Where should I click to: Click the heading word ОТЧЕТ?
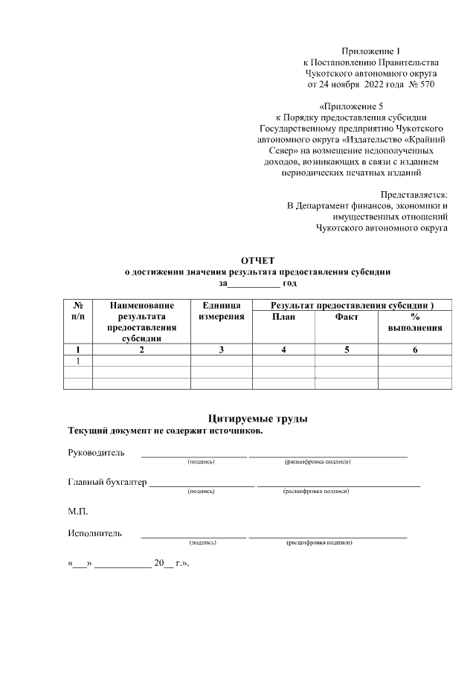[x=257, y=260]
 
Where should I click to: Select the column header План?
[x=284, y=317]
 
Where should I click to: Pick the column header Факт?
[x=347, y=317]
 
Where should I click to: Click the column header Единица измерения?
[x=222, y=311]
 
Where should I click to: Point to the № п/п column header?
[x=78, y=311]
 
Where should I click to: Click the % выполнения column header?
[x=415, y=322]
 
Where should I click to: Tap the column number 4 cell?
[x=284, y=350]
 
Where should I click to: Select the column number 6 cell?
[x=415, y=350]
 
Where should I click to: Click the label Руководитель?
[x=96, y=452]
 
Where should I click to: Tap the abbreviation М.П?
[x=77, y=511]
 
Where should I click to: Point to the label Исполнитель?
[x=94, y=533]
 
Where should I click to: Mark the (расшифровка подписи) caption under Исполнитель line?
[x=318, y=544]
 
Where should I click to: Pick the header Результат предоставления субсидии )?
[x=352, y=306]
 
